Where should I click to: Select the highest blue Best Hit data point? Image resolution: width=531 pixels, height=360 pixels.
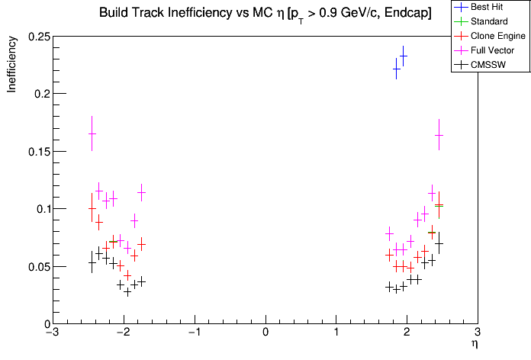pos(404,56)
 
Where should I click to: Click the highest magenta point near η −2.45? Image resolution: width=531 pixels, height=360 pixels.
pos(92,133)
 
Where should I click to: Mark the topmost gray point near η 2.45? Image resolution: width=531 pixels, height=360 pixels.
pos(439,135)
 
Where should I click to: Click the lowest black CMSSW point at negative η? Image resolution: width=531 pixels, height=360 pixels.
pos(127,291)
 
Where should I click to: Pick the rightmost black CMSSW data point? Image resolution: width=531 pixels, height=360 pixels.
pos(439,243)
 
